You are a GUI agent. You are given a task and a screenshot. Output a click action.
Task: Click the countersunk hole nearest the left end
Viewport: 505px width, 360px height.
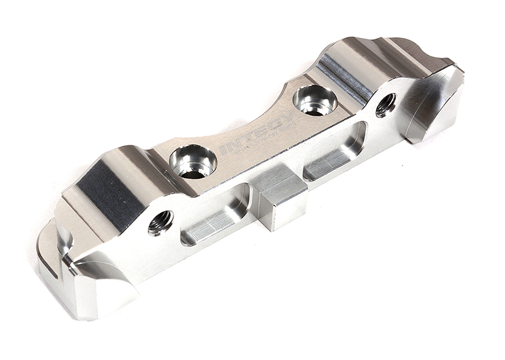point(193,161)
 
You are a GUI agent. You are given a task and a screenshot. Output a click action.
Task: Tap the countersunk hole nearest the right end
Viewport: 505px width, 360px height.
point(315,99)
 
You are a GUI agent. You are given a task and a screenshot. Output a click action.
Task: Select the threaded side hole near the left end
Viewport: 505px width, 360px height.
point(160,222)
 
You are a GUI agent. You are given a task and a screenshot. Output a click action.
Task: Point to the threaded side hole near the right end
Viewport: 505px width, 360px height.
point(385,104)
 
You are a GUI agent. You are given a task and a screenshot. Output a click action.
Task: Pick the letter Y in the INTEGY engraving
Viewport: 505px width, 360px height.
point(287,118)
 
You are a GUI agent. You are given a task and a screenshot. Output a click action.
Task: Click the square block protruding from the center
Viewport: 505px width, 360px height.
point(279,199)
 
